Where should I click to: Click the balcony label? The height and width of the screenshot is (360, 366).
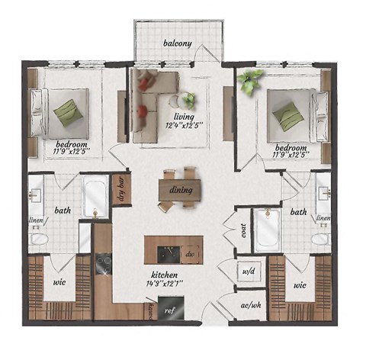click(x=177, y=43)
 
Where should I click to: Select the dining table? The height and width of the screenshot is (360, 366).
click(x=181, y=190)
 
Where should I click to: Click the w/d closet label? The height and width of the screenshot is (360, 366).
click(x=248, y=270)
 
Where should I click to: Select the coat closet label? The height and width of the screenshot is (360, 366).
click(x=244, y=230)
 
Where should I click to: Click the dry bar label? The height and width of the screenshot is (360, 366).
click(x=120, y=188)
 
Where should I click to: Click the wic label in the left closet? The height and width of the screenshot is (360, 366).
click(x=59, y=281)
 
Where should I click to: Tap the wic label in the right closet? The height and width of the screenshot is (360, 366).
click(x=300, y=287)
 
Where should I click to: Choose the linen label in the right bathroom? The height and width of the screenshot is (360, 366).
click(x=323, y=219)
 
